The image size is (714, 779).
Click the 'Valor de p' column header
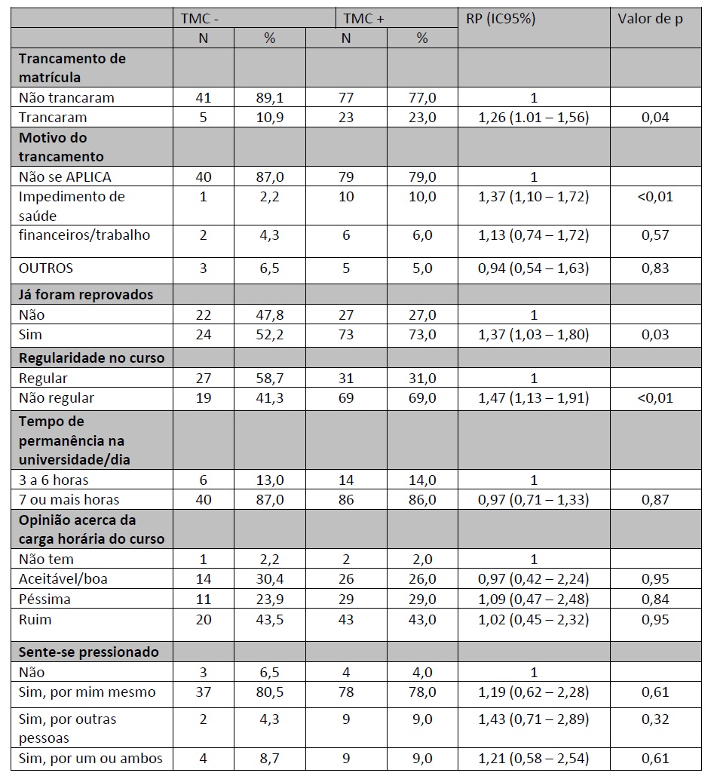click(650, 19)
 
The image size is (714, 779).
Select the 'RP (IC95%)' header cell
click(501, 19)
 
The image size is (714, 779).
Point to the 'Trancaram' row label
click(53, 118)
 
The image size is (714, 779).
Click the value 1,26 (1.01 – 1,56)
click(534, 118)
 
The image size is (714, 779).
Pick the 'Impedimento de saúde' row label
click(72, 206)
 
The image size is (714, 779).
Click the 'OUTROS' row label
click(46, 268)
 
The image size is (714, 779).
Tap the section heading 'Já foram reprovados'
click(86, 295)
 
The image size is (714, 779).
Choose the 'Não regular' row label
click(57, 398)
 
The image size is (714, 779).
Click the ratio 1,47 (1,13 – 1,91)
click(534, 398)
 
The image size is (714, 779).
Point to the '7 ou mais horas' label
click(69, 499)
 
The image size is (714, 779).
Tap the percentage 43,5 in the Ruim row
click(270, 619)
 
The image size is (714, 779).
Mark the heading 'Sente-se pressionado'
click(88, 652)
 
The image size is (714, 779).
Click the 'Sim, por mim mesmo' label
click(87, 692)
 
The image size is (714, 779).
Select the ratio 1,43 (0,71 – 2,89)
click(534, 719)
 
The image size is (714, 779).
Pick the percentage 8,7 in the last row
click(270, 758)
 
